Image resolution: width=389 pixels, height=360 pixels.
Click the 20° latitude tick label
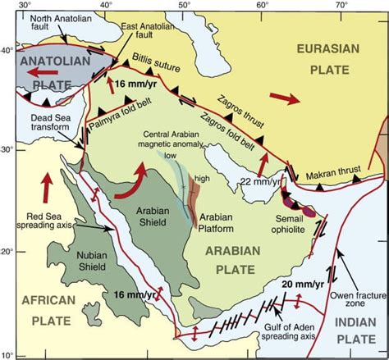point(7,252)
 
